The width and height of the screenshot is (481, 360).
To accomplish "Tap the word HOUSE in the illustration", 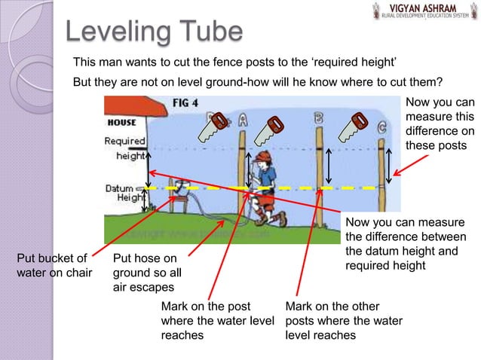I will tap(121, 122).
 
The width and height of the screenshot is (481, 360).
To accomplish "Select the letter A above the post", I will tap(243, 120).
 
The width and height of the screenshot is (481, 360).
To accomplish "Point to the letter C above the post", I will tap(382, 128).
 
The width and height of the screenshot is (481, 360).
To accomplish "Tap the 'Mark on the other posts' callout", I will tap(343, 320).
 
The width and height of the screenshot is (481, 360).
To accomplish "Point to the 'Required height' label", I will tap(125, 148).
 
